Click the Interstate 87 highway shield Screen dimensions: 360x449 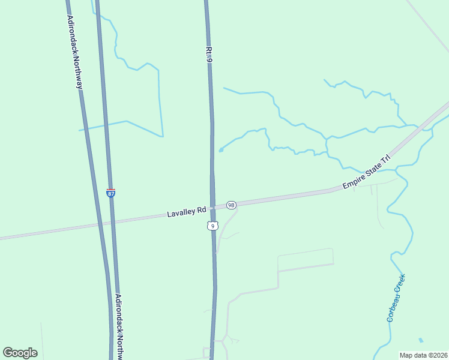coord(111,193)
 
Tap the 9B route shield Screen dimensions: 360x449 coord(232,205)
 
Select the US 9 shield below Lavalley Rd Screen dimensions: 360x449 coord(211,226)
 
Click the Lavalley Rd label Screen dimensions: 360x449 coord(187,212)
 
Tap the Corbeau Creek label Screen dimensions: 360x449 coord(396,298)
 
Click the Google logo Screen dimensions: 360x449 coord(20,353)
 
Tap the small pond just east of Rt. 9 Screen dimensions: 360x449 coord(221,150)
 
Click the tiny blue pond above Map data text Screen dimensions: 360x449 coord(420,340)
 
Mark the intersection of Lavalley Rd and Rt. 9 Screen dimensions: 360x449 coord(212,208)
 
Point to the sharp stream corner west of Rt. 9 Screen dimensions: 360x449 coord(162,136)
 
